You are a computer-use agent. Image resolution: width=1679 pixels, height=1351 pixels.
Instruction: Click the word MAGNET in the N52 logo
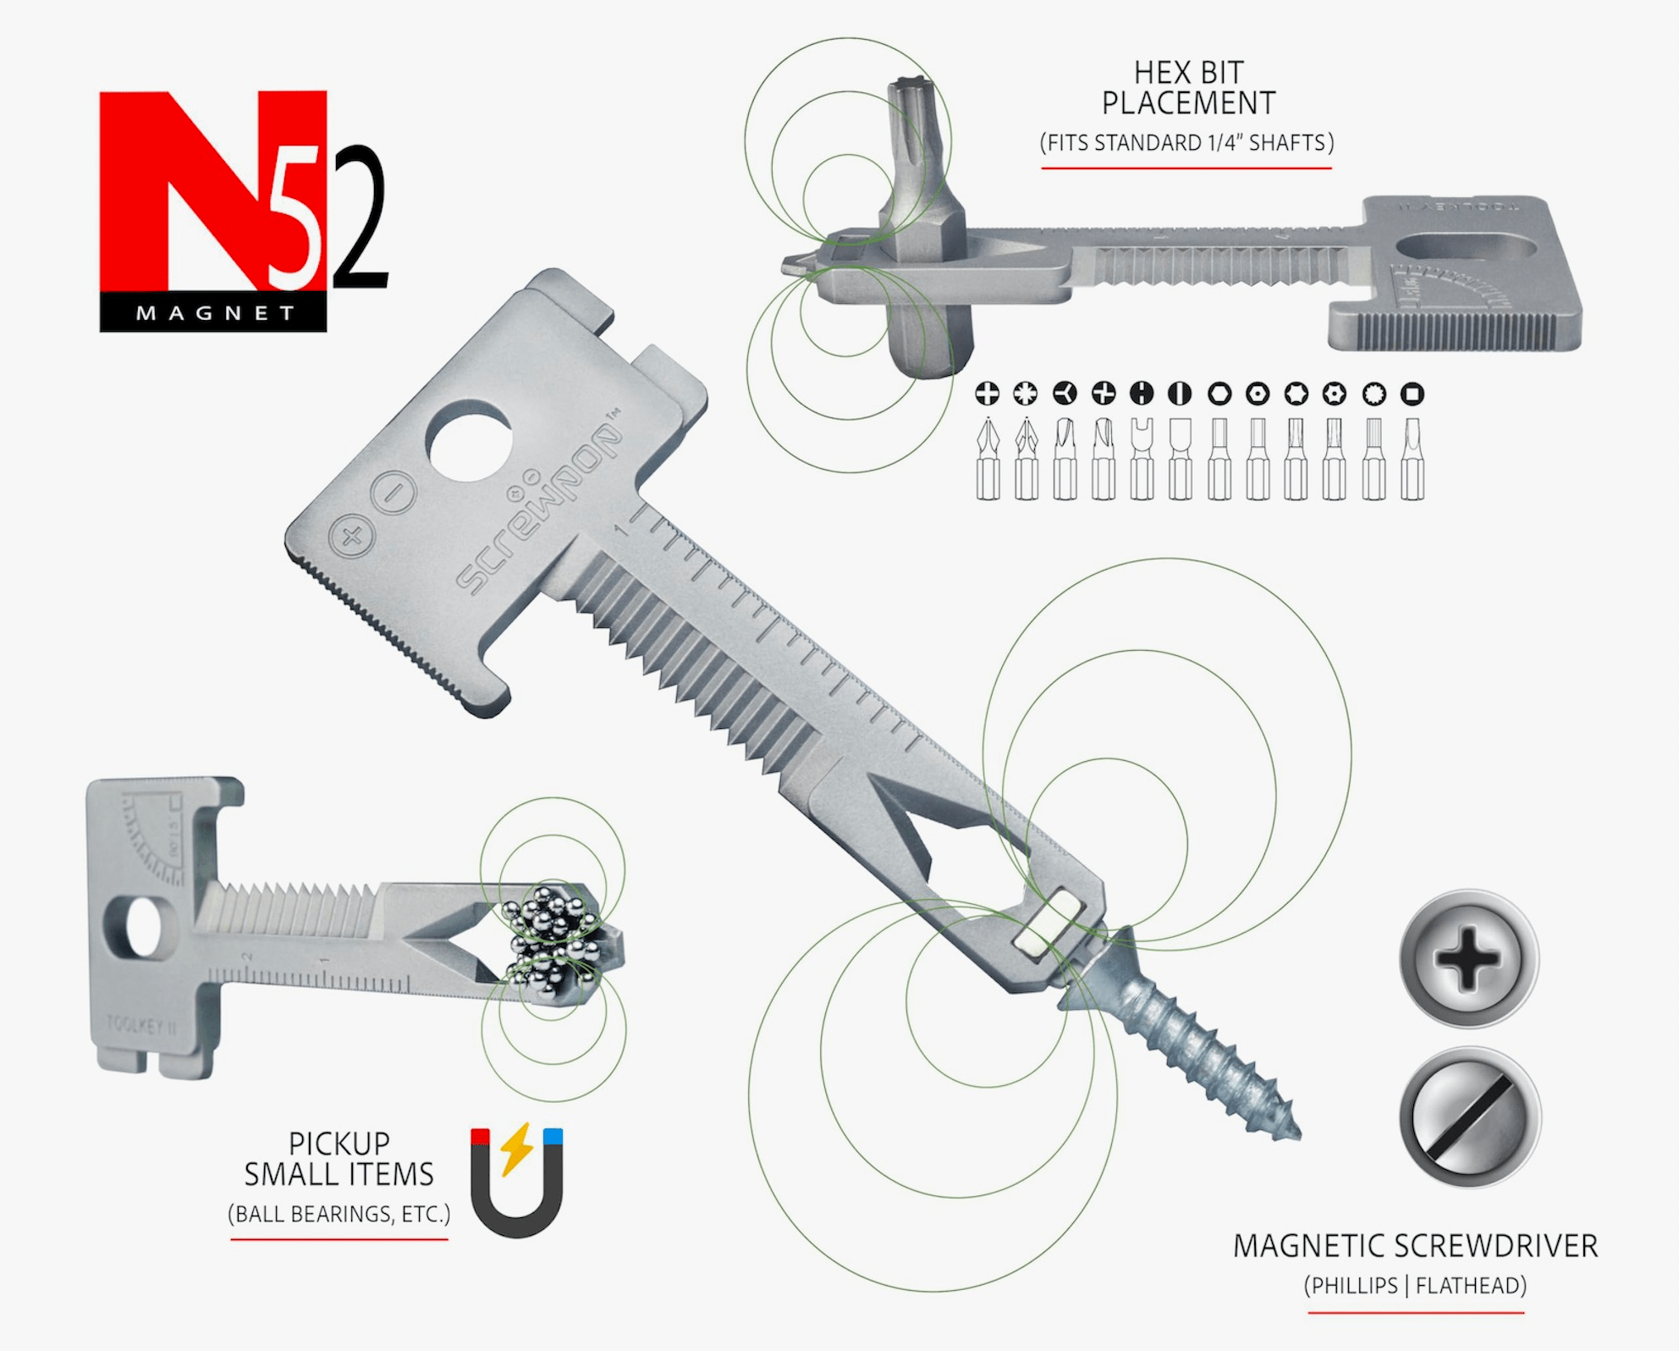[x=215, y=313]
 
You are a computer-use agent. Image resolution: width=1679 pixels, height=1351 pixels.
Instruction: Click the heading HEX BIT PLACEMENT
[x=1187, y=88]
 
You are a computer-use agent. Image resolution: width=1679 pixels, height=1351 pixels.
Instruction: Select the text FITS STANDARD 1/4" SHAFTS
[x=1186, y=142]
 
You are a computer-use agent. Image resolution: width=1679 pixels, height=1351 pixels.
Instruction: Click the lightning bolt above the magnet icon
[x=516, y=1148]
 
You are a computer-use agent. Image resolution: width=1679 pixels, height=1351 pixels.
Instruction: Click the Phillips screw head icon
[x=1468, y=959]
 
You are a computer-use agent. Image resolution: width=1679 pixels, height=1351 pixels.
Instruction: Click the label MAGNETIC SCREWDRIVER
[x=1415, y=1246]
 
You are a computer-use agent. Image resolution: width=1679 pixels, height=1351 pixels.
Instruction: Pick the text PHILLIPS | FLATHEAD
[x=1415, y=1286]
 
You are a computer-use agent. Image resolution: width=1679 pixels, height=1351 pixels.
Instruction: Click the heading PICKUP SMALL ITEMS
[x=339, y=1159]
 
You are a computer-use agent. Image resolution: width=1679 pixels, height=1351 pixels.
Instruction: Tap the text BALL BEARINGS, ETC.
[x=339, y=1214]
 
